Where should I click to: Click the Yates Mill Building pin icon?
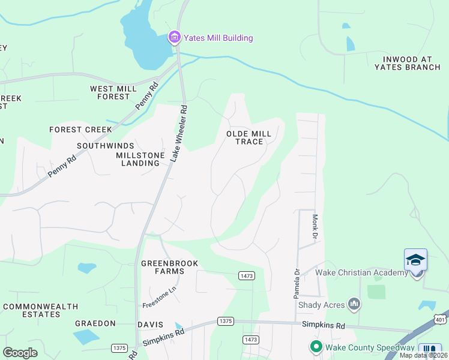tap(175, 38)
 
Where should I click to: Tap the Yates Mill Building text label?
tap(218, 38)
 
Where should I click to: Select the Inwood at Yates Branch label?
tap(408, 63)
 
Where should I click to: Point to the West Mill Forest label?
tap(110, 92)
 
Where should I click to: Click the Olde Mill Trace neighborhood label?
tap(245, 137)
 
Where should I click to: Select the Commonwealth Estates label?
tap(41, 310)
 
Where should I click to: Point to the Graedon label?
tap(95, 323)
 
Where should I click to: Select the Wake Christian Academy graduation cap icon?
tap(415, 260)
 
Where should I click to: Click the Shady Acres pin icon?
tap(354, 304)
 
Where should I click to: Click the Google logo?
tap(20, 353)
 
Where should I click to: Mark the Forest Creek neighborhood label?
tap(80, 129)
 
